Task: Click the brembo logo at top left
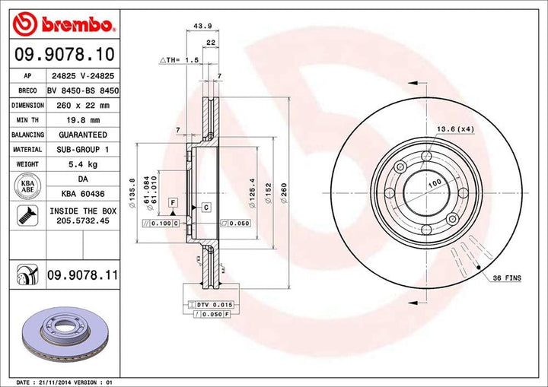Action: (64, 25)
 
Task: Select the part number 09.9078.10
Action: (64, 55)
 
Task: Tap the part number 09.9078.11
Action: (83, 273)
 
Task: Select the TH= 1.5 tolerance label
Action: (180, 59)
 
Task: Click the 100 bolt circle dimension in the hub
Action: (434, 184)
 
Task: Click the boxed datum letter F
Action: (174, 201)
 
